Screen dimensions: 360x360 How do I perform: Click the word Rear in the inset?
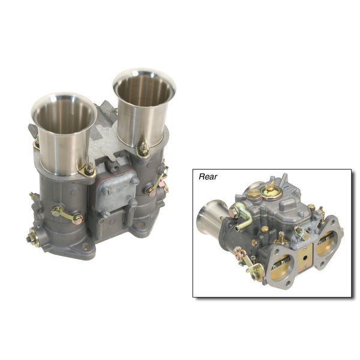coord(208,176)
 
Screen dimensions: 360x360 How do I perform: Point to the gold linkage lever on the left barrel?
coord(67,215)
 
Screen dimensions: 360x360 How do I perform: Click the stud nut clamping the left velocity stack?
coord(89,170)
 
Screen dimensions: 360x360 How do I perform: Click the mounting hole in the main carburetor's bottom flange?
coord(85,247)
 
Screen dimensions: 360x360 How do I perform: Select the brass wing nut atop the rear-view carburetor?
coord(269,186)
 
